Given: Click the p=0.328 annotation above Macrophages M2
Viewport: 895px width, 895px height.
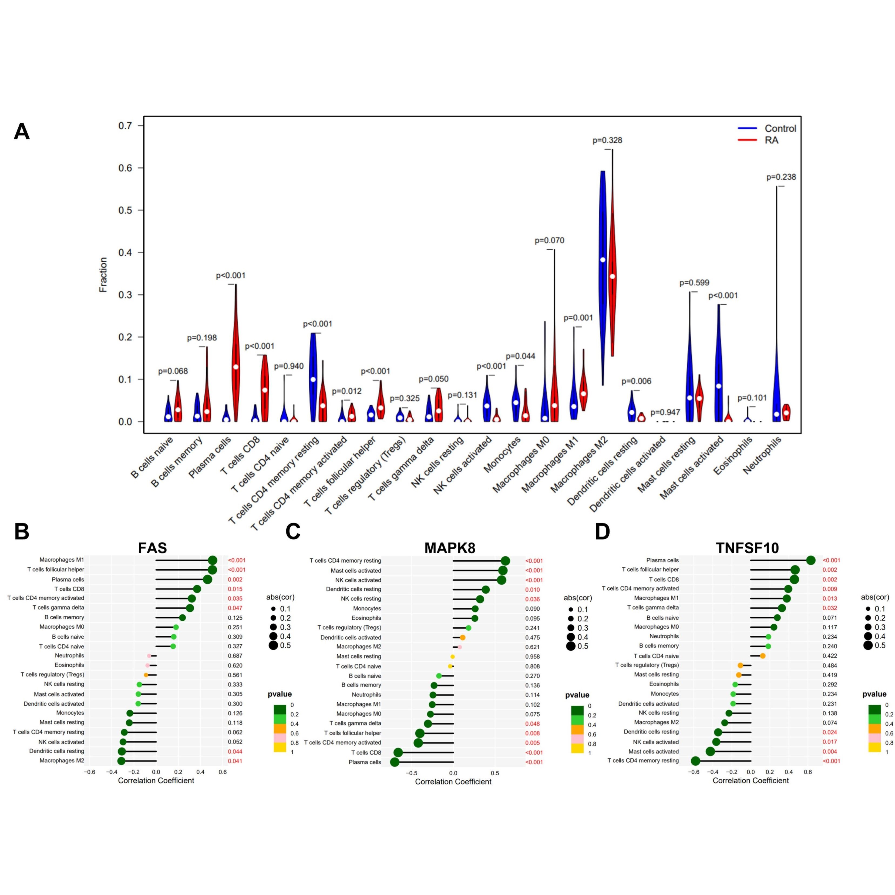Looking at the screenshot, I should (x=607, y=140).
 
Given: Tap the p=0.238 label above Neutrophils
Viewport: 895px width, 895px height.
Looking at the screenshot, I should (x=781, y=177).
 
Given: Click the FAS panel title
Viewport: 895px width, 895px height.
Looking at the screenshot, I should (x=152, y=548).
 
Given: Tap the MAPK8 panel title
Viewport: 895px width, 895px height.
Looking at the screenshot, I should (x=450, y=548).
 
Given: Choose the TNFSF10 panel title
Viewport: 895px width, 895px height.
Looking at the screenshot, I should (x=747, y=548).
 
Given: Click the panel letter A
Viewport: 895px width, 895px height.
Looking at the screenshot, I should (x=22, y=132).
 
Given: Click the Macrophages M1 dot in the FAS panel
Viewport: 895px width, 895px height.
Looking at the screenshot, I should (x=213, y=561).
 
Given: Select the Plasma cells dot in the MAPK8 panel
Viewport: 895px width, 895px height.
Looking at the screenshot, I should (x=395, y=762).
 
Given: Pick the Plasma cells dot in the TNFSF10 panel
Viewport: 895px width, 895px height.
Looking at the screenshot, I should (x=811, y=561).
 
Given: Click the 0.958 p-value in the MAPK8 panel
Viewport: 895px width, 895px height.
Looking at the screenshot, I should (x=532, y=657).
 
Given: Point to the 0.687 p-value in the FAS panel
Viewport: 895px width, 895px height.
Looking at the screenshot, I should (x=235, y=655).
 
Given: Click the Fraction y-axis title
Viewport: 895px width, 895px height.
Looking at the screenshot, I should (x=103, y=275).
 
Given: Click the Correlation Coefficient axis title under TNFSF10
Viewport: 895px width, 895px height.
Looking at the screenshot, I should (x=751, y=780).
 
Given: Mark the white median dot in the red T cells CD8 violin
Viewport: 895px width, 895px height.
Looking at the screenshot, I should (x=264, y=390).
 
